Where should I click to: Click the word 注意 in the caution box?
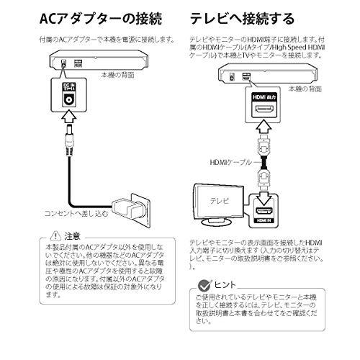click(x=72, y=236)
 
